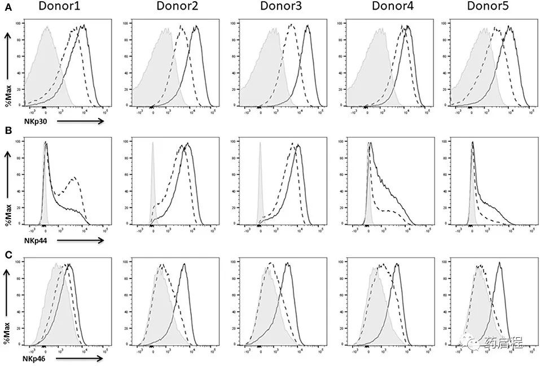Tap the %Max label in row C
8,334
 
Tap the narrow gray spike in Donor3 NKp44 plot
260,181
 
